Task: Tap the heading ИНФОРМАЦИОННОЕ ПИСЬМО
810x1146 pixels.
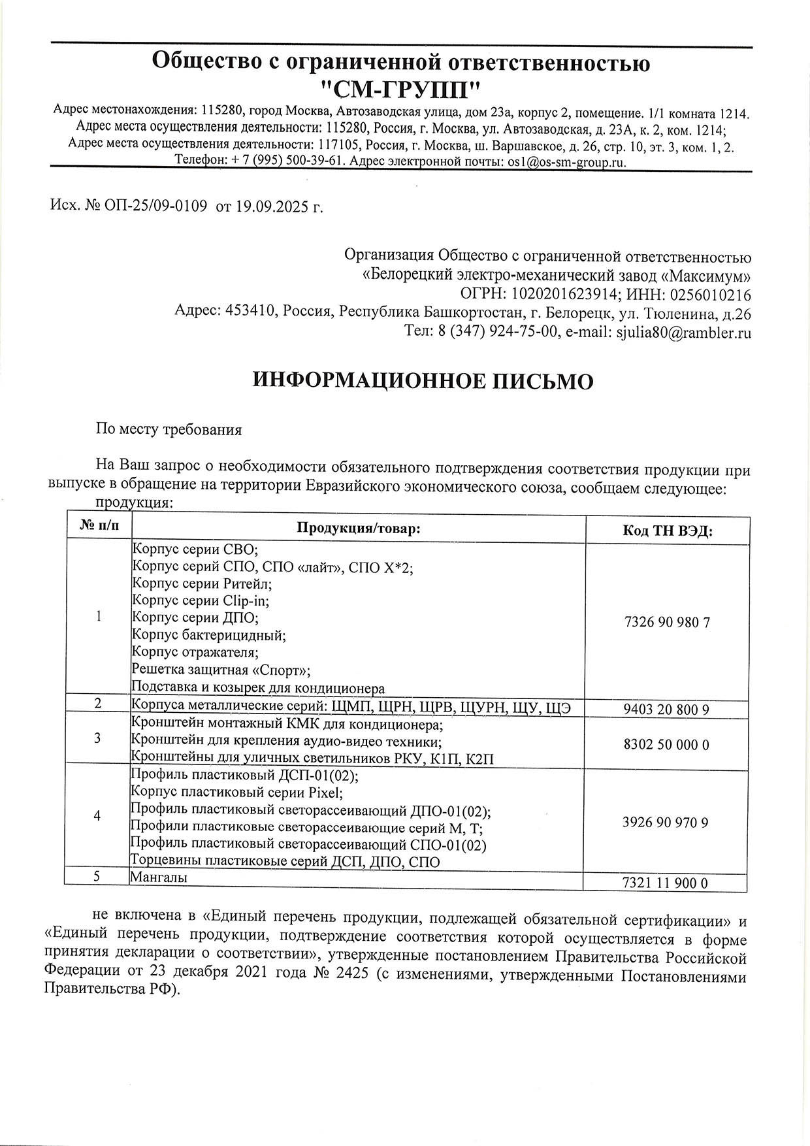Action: pos(423,381)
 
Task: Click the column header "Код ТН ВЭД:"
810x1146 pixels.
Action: pos(667,531)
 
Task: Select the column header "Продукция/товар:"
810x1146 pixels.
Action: pos(358,528)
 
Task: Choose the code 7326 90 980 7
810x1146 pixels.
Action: pos(667,621)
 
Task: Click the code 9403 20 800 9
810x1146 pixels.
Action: pos(666,709)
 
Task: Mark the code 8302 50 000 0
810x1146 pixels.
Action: pos(666,744)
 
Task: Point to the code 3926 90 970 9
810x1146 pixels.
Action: pos(666,822)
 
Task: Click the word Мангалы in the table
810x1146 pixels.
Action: pos(159,877)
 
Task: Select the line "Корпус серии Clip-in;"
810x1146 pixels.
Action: pos(200,600)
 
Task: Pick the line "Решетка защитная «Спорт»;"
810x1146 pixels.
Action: pos(221,670)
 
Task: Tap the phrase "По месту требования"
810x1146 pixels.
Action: pos(169,429)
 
